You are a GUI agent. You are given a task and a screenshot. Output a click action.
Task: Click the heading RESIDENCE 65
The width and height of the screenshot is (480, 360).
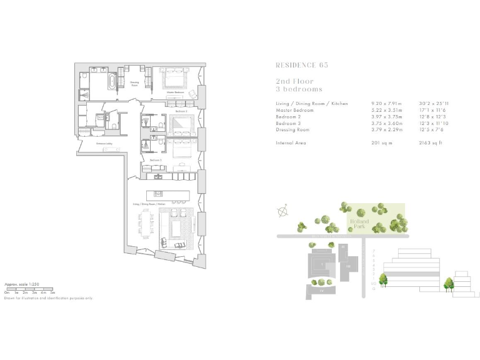click(x=301, y=65)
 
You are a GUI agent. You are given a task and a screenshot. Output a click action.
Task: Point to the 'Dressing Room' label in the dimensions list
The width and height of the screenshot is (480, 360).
click(x=293, y=129)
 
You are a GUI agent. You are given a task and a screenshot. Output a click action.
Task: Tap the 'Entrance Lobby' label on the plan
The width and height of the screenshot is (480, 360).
click(x=104, y=144)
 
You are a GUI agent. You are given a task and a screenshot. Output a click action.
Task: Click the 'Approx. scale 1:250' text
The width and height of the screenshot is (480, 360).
click(x=22, y=284)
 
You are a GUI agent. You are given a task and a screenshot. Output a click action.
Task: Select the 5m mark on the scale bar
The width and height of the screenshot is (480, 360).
click(x=53, y=292)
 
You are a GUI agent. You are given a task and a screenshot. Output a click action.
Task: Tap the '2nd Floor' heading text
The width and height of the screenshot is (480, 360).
click(x=294, y=81)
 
